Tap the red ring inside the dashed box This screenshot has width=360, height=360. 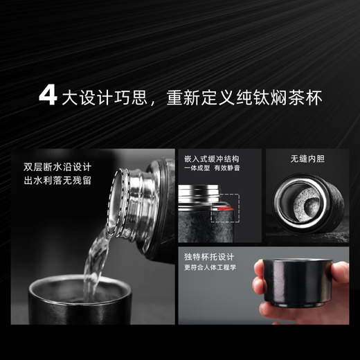(223, 206)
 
